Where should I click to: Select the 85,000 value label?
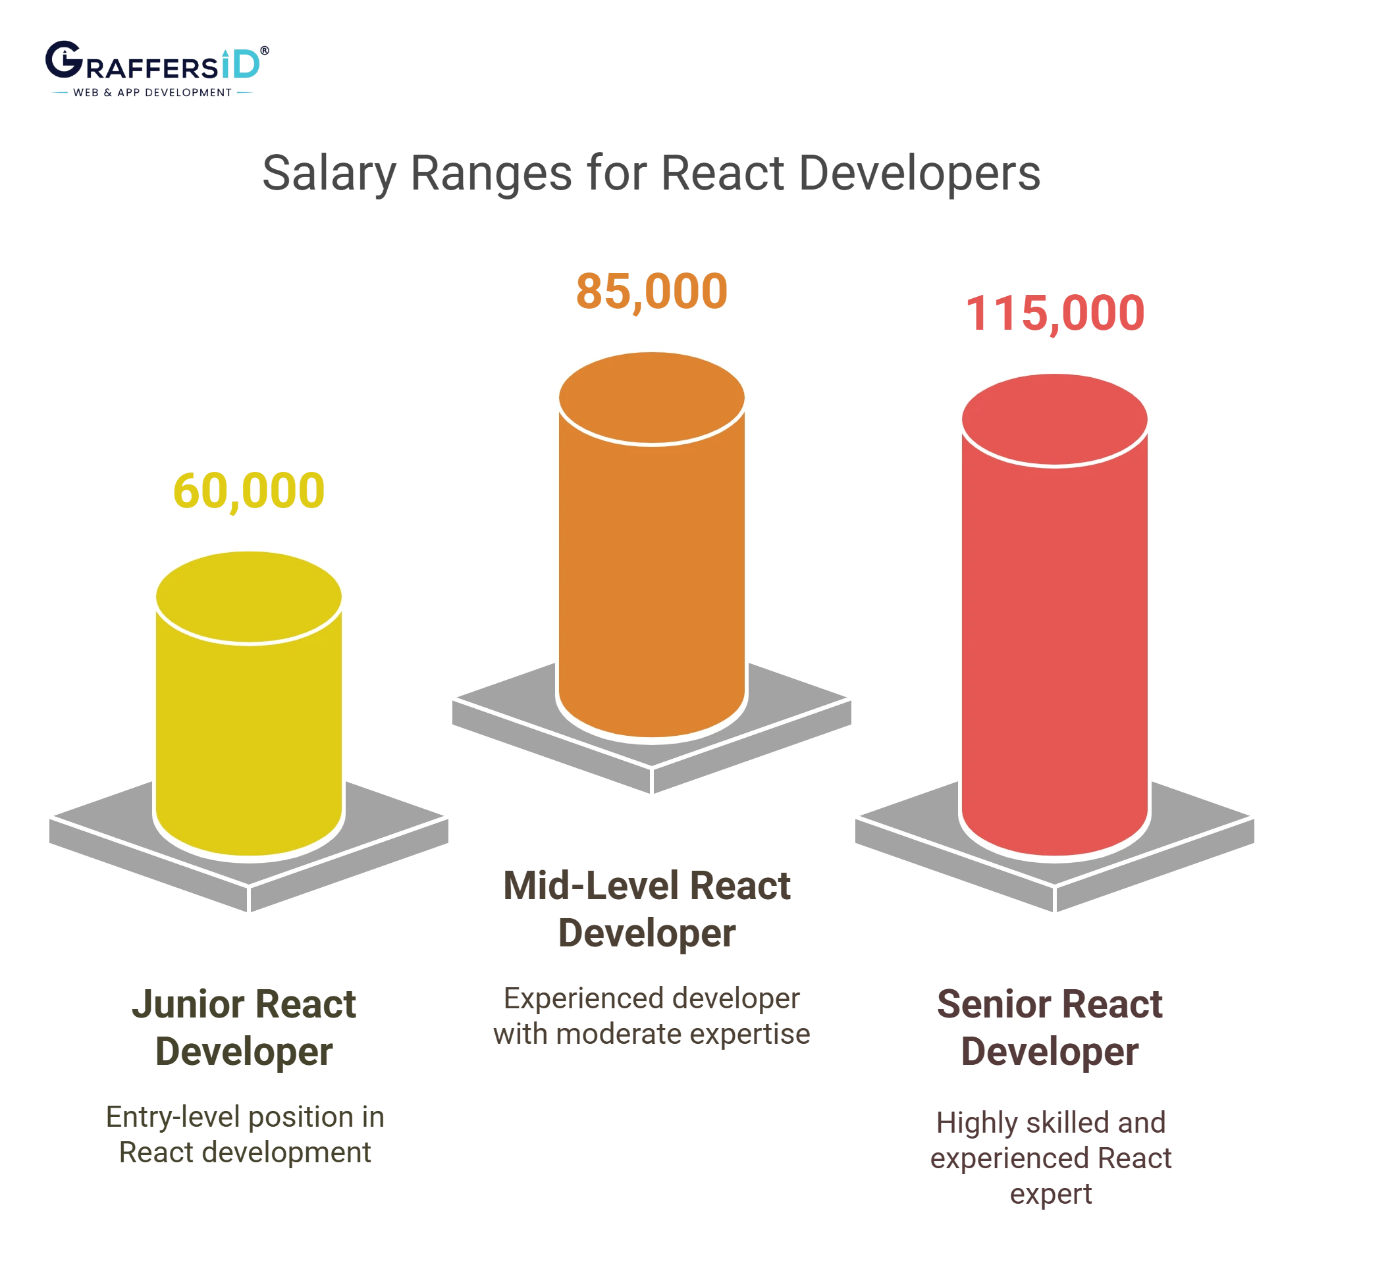click(x=651, y=291)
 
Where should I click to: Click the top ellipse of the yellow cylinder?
click(x=249, y=598)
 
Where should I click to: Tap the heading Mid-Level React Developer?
click(x=647, y=908)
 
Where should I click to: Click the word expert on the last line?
click(x=1052, y=1195)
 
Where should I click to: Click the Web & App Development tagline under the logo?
click(x=152, y=92)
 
